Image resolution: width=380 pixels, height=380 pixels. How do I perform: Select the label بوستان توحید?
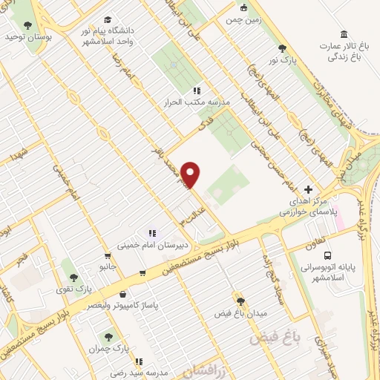point(27,35)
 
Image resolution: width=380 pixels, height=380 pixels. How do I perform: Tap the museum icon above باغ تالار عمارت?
point(343,34)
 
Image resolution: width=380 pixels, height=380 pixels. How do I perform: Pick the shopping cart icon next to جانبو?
point(142,273)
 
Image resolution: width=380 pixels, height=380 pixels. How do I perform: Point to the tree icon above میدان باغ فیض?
point(240,301)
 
